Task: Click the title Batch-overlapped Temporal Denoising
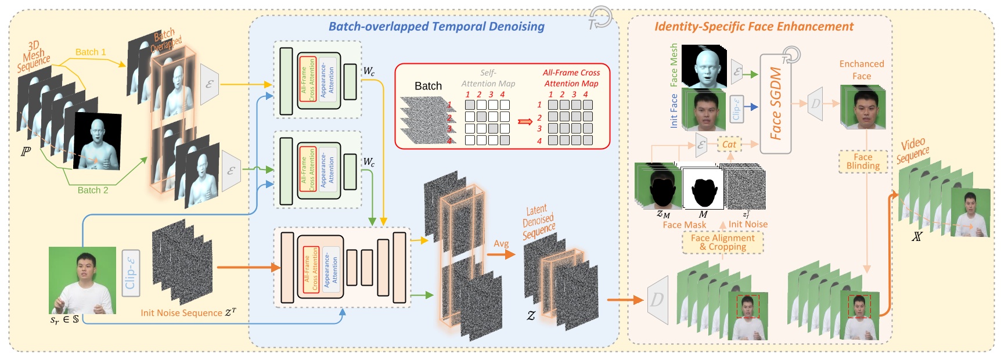tap(436, 27)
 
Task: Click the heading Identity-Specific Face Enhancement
tap(754, 27)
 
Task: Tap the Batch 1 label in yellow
tap(91, 52)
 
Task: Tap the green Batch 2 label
tap(93, 190)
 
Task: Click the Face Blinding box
tap(863, 161)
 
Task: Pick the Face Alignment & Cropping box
tap(722, 242)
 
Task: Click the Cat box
tap(729, 145)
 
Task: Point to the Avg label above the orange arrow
tap(501, 244)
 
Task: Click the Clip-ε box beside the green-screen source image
tap(131, 273)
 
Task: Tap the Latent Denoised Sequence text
tap(538, 222)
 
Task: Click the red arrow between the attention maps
tap(525, 121)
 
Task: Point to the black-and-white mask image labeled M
tap(703, 189)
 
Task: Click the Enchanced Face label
tap(862, 70)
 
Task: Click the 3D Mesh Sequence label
tap(33, 56)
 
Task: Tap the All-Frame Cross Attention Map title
tap(571, 78)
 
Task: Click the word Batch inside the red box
tap(428, 86)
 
